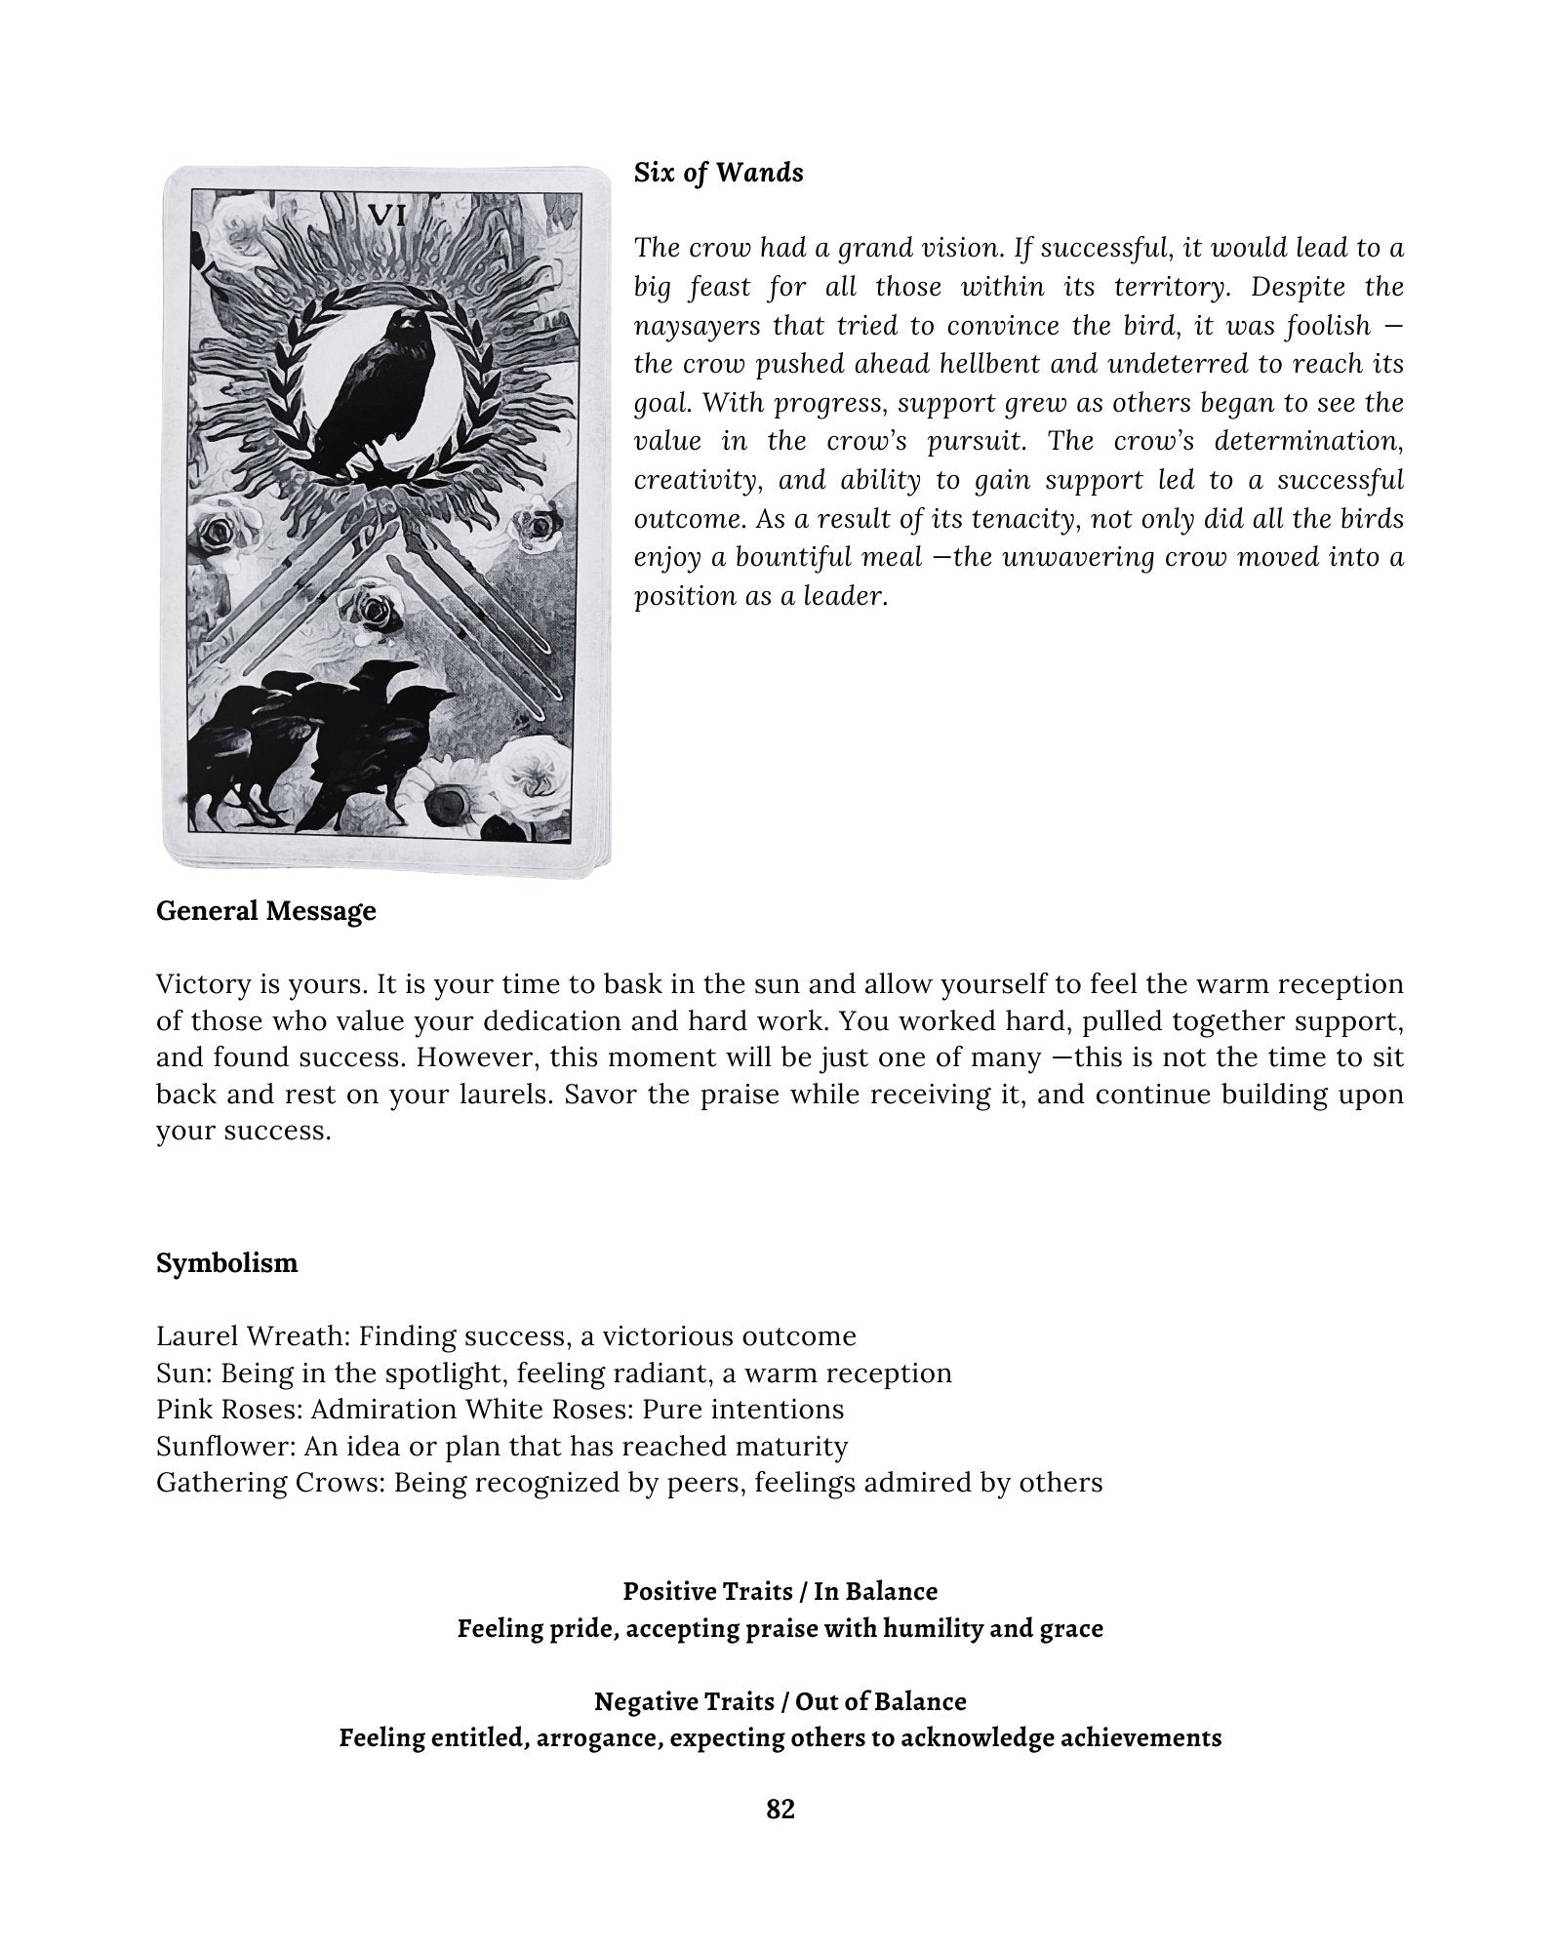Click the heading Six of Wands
(x=718, y=173)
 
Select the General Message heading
(x=265, y=911)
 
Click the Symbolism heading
(x=226, y=1263)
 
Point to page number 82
(x=780, y=1810)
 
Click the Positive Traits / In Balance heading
(x=780, y=1591)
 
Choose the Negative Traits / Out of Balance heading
(x=780, y=1701)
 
